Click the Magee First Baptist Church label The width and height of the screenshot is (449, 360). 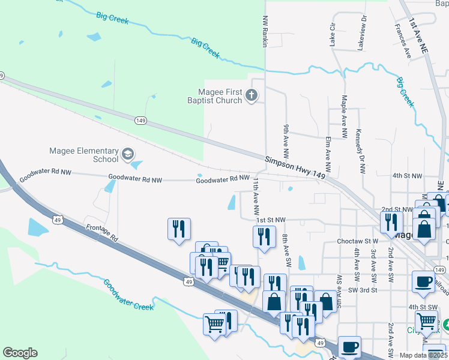point(220,96)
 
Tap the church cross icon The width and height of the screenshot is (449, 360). point(252,95)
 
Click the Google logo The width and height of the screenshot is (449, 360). point(20,353)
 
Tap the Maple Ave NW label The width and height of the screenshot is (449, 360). point(345,116)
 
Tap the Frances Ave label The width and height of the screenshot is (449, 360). point(402,41)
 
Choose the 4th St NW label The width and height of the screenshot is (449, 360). point(408,176)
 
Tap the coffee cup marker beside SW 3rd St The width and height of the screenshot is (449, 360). point(424,282)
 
